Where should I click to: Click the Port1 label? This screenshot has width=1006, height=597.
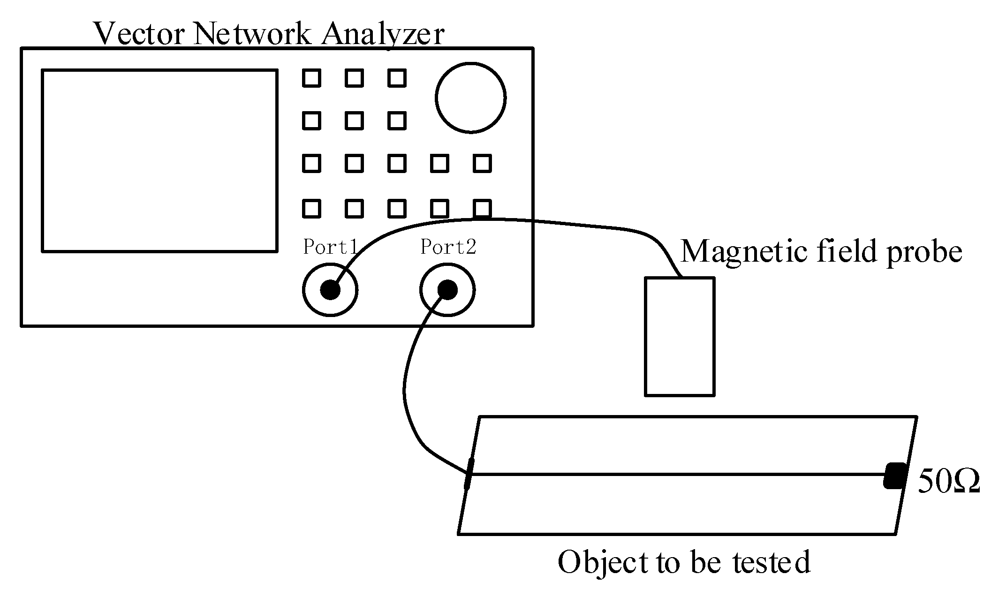pyautogui.click(x=330, y=247)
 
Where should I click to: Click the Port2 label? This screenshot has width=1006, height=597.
pyautogui.click(x=448, y=247)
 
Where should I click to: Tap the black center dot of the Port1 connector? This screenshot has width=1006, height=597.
pyautogui.click(x=330, y=290)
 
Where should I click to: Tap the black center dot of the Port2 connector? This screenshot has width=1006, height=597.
pyautogui.click(x=447, y=290)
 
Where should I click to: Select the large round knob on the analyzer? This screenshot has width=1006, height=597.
pyautogui.click(x=470, y=98)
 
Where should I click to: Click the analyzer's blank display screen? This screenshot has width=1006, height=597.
pyautogui.click(x=159, y=161)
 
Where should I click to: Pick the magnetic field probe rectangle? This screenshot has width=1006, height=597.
pyautogui.click(x=680, y=336)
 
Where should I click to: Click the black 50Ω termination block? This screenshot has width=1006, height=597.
pyautogui.click(x=895, y=476)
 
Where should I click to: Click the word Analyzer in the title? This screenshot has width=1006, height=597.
pyautogui.click(x=382, y=34)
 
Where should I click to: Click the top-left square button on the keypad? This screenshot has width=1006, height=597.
pyautogui.click(x=311, y=78)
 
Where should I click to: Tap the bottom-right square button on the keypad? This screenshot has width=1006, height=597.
pyautogui.click(x=482, y=208)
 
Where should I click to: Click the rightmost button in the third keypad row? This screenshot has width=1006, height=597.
pyautogui.click(x=482, y=164)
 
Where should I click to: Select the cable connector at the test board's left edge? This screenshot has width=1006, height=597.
pyautogui.click(x=468, y=474)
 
